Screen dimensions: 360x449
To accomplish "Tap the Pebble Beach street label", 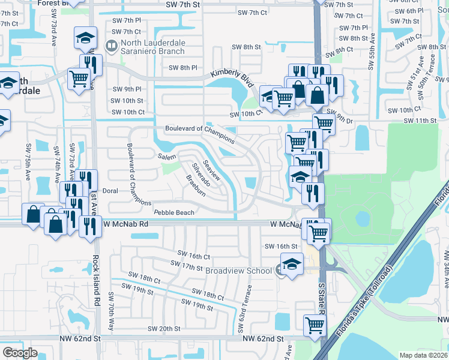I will [174, 213].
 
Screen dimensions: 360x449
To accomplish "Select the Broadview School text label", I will [238, 271].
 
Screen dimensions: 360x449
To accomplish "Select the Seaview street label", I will [213, 171].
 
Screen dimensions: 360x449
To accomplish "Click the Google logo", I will [20, 353].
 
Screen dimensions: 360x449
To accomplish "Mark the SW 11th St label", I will [420, 121].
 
